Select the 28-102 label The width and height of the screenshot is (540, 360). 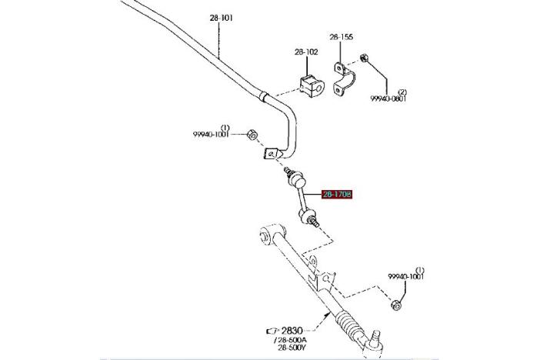306,52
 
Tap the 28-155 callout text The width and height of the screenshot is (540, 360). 342,36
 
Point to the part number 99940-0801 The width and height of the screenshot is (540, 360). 388,98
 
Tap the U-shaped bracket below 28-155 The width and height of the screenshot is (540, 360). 342,78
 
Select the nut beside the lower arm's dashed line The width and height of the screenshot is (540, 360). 395,305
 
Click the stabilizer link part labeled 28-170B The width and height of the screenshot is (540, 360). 303,198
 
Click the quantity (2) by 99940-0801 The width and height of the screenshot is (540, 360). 402,92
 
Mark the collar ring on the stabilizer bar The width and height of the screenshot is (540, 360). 263,97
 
